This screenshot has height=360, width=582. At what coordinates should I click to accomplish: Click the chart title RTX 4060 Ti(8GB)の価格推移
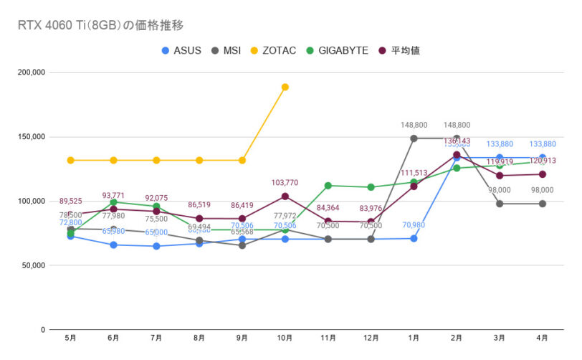click(101, 26)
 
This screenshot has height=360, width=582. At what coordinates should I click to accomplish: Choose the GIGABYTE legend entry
click(337, 51)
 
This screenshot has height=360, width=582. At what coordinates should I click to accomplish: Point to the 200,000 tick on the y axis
click(31, 72)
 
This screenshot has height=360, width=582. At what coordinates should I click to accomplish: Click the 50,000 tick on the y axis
click(33, 265)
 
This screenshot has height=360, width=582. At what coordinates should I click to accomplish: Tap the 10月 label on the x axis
click(285, 338)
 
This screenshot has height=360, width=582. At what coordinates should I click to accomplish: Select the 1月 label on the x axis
click(414, 338)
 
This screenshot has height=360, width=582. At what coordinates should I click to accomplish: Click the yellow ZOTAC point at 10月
click(285, 87)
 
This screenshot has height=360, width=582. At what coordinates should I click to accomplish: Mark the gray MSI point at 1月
click(414, 138)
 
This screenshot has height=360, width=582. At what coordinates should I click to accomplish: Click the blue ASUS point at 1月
click(414, 238)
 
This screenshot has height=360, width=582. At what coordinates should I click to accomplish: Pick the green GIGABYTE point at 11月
click(328, 185)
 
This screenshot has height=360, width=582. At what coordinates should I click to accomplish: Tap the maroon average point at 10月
click(285, 196)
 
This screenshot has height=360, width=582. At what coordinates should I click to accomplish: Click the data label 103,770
click(285, 184)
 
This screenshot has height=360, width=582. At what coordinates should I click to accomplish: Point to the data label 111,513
click(414, 174)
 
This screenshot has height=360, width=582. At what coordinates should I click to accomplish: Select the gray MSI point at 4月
click(543, 204)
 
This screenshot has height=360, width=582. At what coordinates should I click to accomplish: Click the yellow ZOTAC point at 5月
click(70, 160)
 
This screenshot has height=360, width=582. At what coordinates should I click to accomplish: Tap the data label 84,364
click(328, 209)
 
